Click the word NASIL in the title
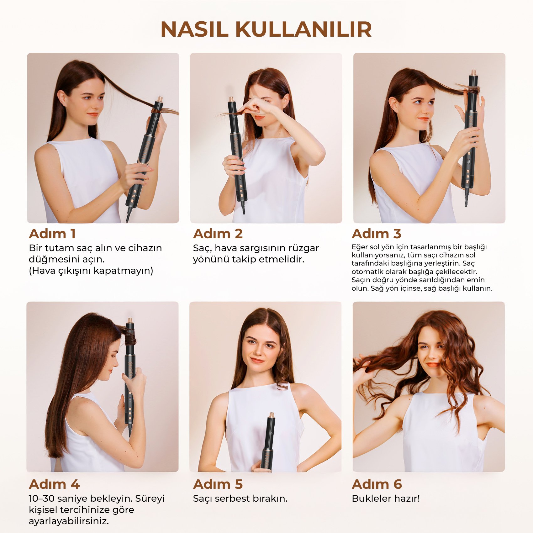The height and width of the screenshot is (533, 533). point(194,29)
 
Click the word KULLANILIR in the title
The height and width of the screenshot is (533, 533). point(303,29)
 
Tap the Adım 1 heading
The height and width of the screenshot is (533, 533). point(52,234)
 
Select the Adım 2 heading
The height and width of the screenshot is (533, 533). point(218,234)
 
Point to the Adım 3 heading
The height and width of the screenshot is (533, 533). point(377,234)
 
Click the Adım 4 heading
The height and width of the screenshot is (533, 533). point(54,484)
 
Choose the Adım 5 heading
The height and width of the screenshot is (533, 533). point(218,484)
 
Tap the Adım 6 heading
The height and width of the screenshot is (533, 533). point(377,484)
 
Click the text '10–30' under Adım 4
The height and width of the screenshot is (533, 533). point(42,499)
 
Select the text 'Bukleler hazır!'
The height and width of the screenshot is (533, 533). point(386,499)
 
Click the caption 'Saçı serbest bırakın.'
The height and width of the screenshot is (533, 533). point(240,499)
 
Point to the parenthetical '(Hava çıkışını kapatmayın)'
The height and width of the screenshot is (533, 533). point(91,271)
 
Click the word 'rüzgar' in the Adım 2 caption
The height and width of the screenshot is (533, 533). point(303,248)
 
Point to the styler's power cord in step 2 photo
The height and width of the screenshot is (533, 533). point(243,207)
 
